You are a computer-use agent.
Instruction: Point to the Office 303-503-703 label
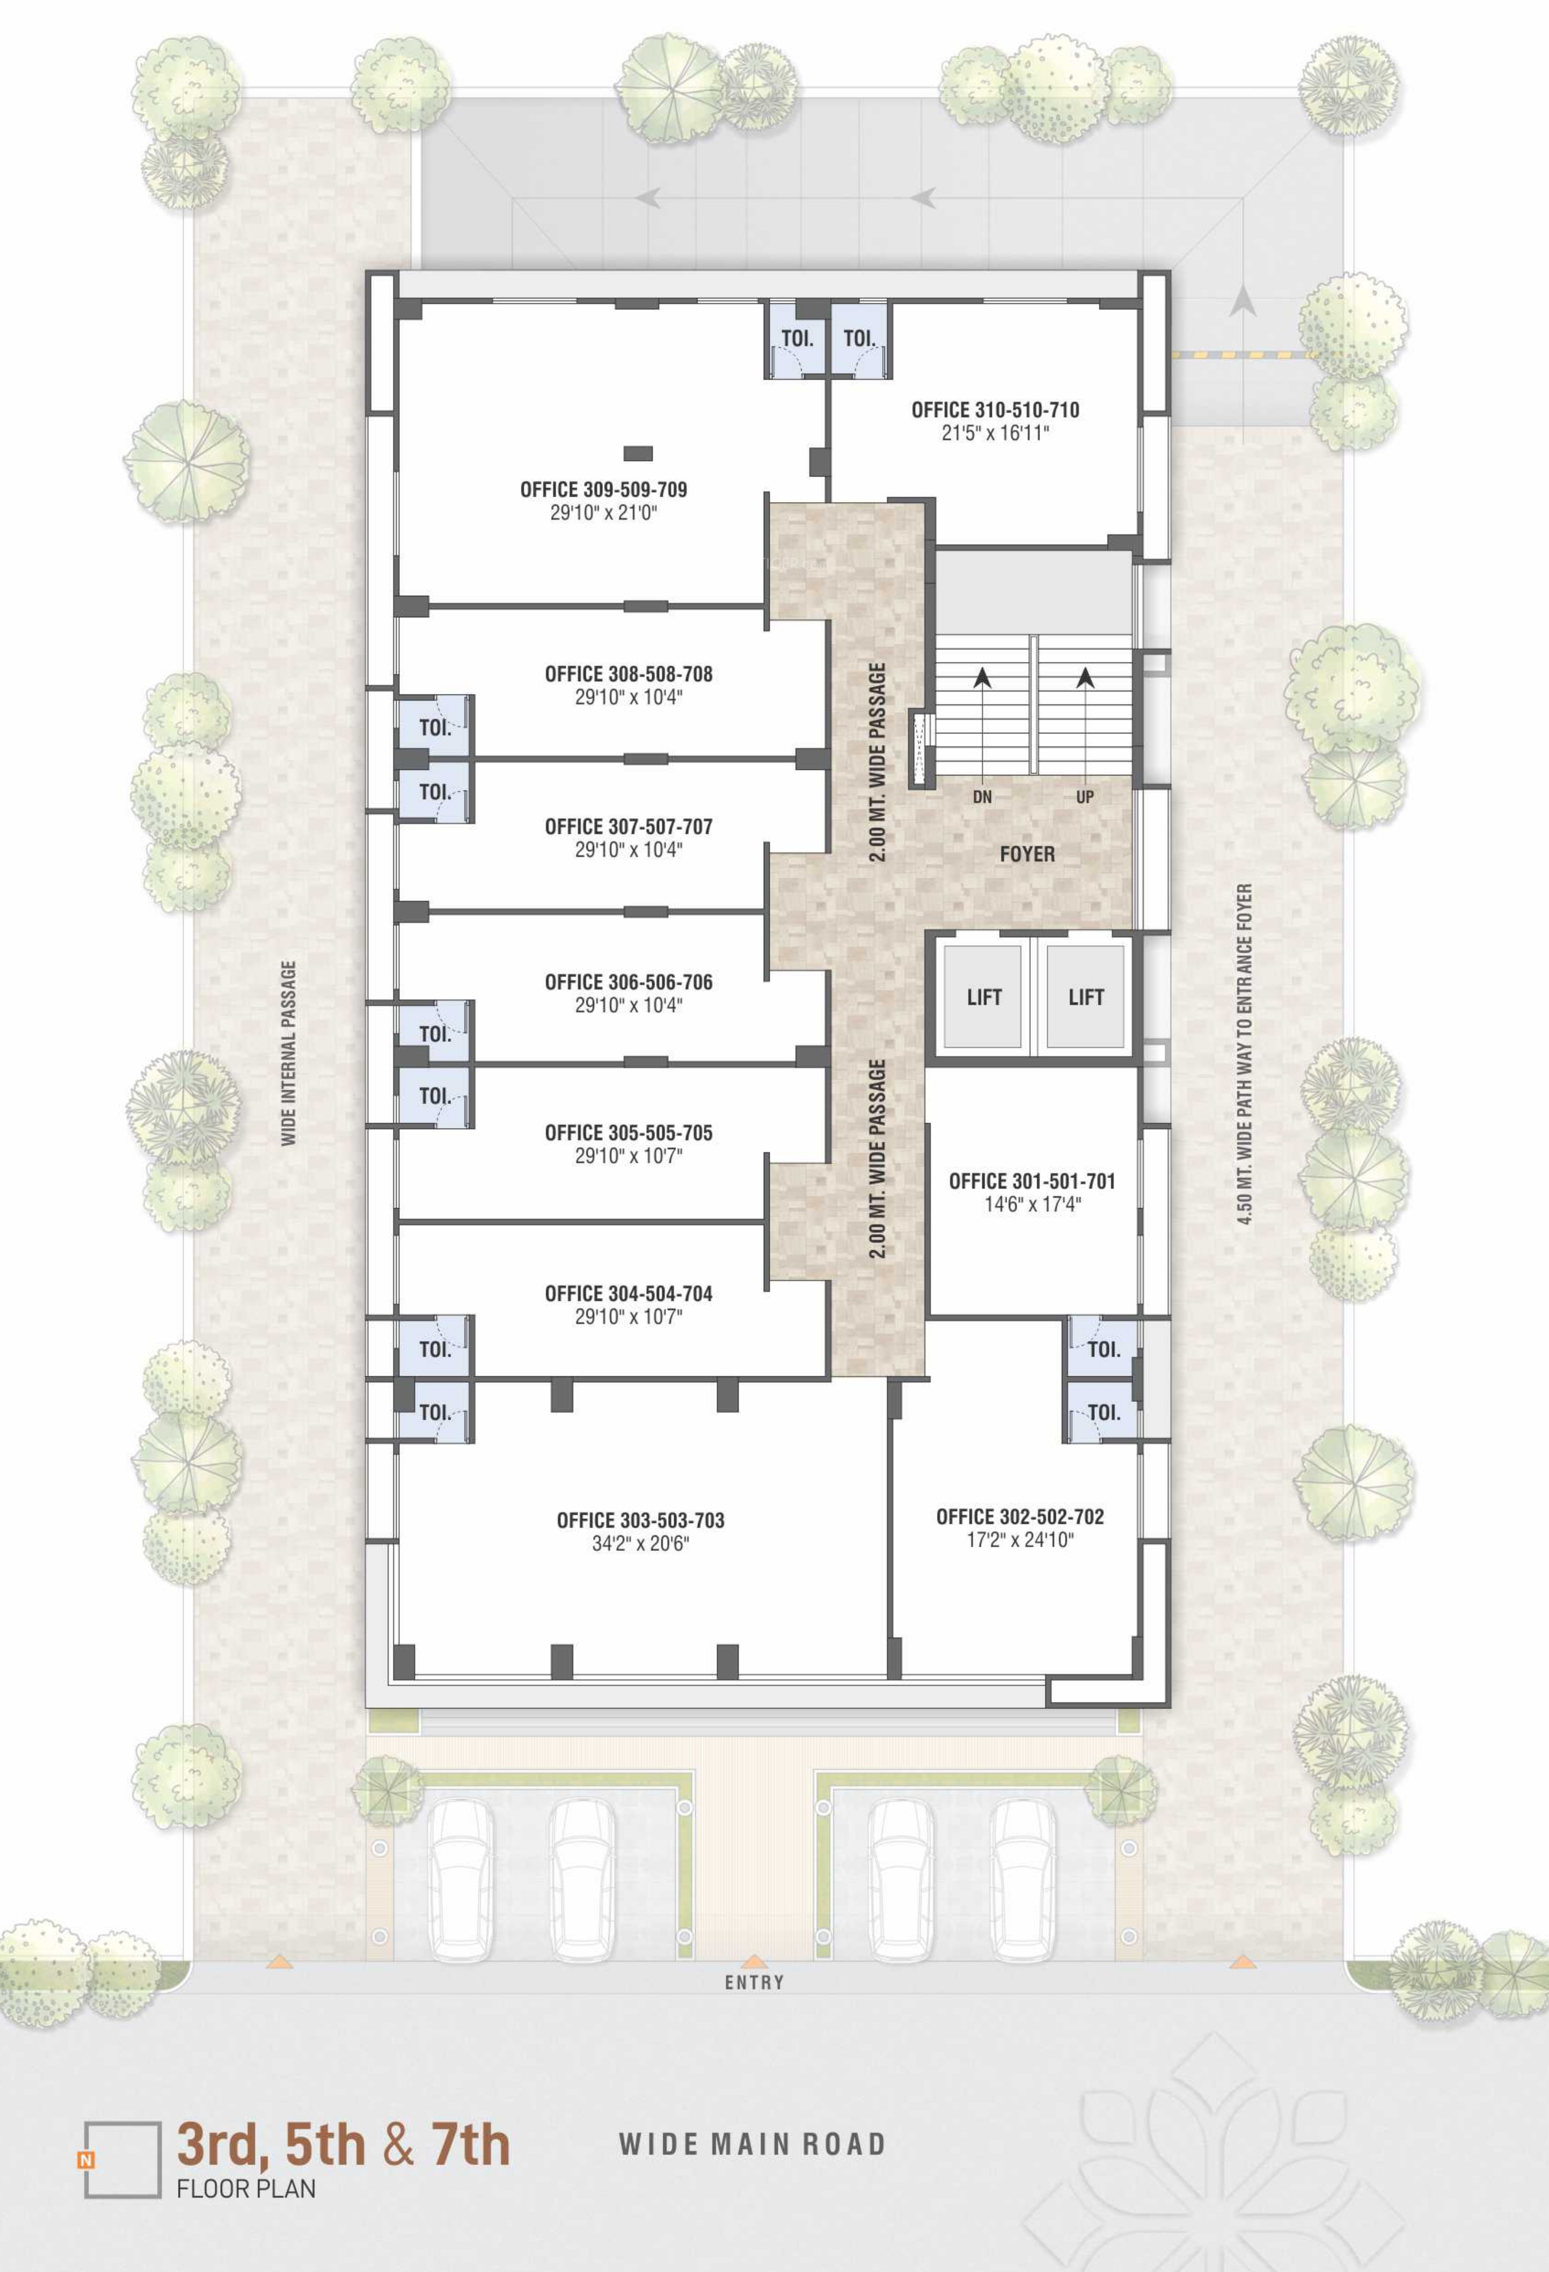(641, 1520)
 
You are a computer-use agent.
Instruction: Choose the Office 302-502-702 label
(1020, 1516)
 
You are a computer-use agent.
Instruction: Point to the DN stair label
(983, 797)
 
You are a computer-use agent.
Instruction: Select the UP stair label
(1084, 797)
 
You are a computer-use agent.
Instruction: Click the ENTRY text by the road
(754, 1983)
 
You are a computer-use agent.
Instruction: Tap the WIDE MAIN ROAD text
(753, 2144)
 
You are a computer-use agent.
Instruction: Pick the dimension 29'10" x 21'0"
(604, 512)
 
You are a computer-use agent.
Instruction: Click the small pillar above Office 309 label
(639, 454)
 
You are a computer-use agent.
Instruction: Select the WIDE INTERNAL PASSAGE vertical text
(288, 1053)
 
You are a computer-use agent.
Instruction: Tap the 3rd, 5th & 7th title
(343, 2145)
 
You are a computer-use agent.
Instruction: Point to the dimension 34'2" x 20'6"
(641, 1544)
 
